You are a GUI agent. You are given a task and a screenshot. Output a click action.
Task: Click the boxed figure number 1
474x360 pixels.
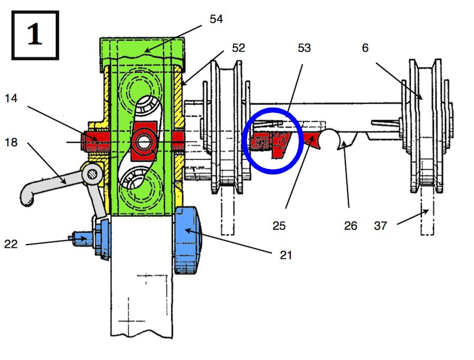coord(35,35)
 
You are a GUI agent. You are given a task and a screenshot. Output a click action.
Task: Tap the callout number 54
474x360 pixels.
coord(216,19)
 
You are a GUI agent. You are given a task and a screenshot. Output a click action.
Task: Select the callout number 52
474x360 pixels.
coord(238,48)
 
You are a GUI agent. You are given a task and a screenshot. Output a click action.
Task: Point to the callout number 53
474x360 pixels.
coord(304,48)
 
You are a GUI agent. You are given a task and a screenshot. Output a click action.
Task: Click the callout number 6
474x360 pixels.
coord(365,48)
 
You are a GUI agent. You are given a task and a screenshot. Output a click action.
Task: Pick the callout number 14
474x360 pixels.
coord(11,99)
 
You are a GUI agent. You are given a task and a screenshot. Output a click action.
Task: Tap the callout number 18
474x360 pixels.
coord(11,142)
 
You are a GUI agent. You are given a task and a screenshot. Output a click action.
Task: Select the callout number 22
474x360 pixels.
coord(11,244)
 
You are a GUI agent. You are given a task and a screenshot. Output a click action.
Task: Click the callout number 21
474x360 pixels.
coord(286,255)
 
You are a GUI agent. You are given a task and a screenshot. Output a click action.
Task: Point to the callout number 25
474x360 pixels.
coord(279,226)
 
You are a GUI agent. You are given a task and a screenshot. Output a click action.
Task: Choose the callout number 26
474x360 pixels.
coord(351,226)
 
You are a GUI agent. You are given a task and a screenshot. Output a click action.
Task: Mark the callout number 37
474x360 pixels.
coord(380,226)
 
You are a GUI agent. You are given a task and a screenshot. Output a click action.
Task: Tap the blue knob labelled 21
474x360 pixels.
coord(187,240)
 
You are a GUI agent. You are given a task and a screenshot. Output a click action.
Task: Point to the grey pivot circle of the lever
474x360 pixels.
coord(92,173)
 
